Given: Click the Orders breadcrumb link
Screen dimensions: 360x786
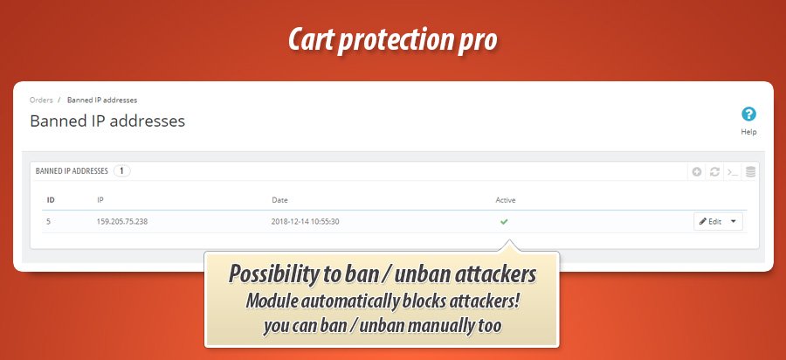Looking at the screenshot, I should point(41,100).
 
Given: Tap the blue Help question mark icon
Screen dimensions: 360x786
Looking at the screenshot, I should point(748,114).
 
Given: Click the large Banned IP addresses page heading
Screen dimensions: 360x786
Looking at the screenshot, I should point(107,121).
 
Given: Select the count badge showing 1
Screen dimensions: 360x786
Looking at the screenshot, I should point(121,171).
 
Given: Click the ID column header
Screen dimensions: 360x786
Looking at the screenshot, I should point(51,200).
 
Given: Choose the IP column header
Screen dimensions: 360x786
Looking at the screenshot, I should point(100,200).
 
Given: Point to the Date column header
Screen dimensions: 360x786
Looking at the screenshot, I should point(279,200).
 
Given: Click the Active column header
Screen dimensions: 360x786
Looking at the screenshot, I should point(506,200).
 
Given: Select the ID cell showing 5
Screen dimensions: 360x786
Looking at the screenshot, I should point(49,221).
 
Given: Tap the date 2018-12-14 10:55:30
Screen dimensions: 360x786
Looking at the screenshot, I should point(306,221).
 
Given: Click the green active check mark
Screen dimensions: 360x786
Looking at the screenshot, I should point(505,221).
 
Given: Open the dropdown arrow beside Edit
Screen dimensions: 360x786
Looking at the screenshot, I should point(734,221).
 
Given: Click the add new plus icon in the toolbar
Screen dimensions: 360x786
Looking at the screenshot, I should point(697,172).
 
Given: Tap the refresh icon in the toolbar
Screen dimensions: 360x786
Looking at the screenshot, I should point(714,172).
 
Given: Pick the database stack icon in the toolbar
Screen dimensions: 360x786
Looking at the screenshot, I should point(750,172).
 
